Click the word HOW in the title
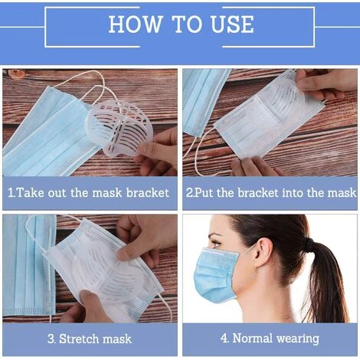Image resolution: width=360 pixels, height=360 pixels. click(136, 24)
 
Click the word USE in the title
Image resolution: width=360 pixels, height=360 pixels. click(233, 24)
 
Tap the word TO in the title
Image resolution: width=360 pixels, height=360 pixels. click(186, 24)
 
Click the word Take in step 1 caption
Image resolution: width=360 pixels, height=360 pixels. click(28, 193)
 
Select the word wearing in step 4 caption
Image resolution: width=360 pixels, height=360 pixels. click(298, 339)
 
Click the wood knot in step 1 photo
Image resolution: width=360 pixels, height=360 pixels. click(17, 74)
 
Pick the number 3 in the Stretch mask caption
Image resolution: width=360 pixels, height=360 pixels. click(51, 339)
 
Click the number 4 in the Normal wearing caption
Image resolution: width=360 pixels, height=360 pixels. click(224, 339)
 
